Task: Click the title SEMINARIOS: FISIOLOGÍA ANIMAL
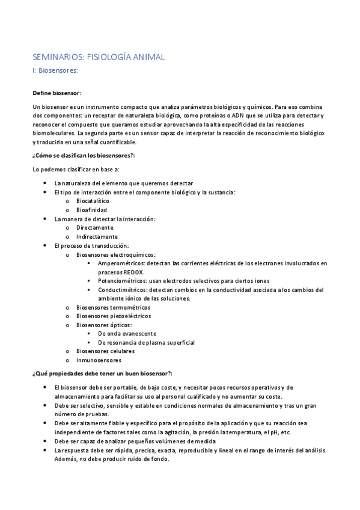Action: click(x=98, y=57)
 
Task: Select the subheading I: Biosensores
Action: click(x=55, y=70)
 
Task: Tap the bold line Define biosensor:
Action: click(x=56, y=93)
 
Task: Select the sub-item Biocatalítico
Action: click(x=93, y=201)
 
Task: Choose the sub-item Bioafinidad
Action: click(x=91, y=210)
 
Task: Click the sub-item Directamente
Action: click(x=94, y=228)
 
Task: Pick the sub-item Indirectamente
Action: click(x=96, y=237)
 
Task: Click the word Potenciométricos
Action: click(x=121, y=281)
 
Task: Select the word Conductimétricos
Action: click(x=121, y=290)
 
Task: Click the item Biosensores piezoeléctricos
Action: click(x=114, y=316)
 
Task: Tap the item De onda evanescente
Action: click(x=127, y=334)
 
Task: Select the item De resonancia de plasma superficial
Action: click(x=146, y=342)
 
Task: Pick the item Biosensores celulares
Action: click(x=105, y=351)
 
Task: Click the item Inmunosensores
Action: click(x=99, y=360)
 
